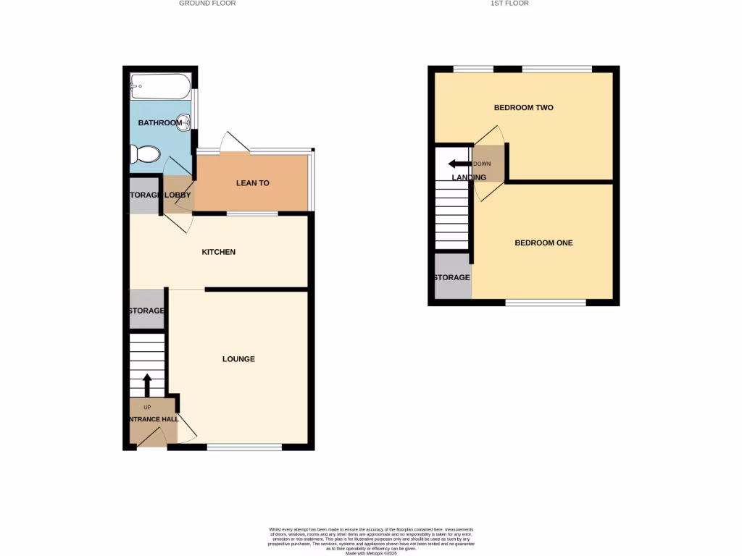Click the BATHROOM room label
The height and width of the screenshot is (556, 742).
pyautogui.click(x=160, y=123)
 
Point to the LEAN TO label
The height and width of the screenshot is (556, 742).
pyautogui.click(x=252, y=183)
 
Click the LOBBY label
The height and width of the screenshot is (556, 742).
pyautogui.click(x=178, y=195)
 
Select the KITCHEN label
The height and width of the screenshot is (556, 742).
pyautogui.click(x=218, y=252)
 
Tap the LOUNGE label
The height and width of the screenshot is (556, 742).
pyautogui.click(x=238, y=359)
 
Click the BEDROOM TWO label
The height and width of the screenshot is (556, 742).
pyautogui.click(x=523, y=108)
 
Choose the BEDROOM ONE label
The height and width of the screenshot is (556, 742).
pyautogui.click(x=543, y=243)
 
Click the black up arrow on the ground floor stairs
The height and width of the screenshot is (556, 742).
pyautogui.click(x=146, y=384)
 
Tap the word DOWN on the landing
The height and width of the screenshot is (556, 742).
pyautogui.click(x=482, y=164)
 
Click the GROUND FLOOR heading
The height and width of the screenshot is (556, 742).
pyautogui.click(x=207, y=4)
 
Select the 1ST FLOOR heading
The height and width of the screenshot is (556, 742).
pyautogui.click(x=510, y=4)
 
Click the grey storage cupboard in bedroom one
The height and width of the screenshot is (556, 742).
pyautogui.click(x=452, y=277)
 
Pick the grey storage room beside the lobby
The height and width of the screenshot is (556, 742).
pyautogui.click(x=143, y=195)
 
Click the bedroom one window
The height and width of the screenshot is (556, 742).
pyautogui.click(x=545, y=303)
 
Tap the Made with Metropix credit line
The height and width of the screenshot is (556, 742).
pyautogui.click(x=370, y=554)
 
